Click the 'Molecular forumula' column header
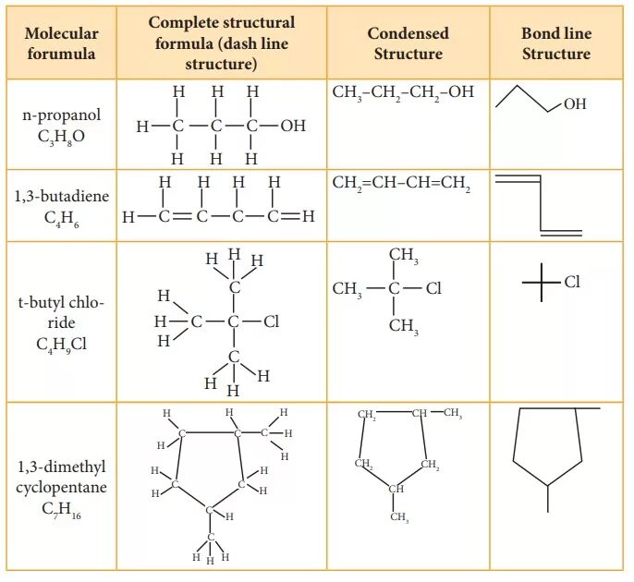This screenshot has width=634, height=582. [61, 43]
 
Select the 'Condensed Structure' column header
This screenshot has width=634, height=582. [408, 43]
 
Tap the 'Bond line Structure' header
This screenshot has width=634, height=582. [555, 43]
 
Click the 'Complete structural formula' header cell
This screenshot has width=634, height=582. [222, 43]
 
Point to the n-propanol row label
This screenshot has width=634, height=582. [62, 115]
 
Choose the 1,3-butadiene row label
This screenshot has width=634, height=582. [61, 197]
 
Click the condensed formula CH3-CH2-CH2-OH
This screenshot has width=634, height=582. [403, 93]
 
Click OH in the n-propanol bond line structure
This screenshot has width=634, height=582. [574, 105]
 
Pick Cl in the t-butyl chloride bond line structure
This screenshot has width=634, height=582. [572, 282]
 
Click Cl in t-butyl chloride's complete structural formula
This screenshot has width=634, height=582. [271, 322]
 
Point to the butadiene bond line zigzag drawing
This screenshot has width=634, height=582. [539, 204]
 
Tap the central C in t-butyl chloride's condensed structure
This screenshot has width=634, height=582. [395, 289]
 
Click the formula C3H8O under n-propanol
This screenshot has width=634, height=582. [62, 136]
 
